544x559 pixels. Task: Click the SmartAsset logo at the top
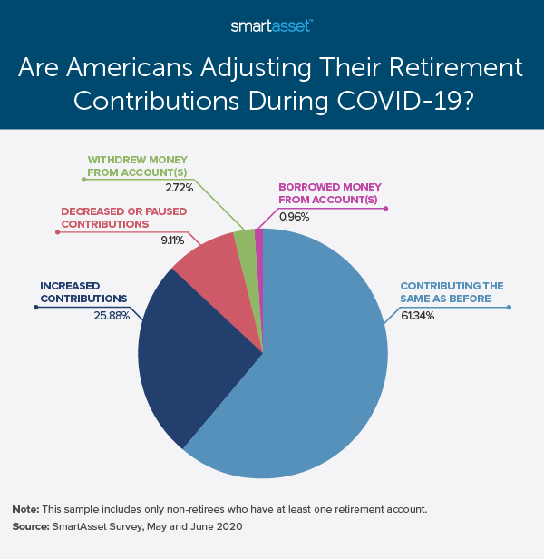point(271,25)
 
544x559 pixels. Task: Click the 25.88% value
point(112,317)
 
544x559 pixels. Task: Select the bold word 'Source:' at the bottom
point(31,525)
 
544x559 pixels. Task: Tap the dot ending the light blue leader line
point(510,308)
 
